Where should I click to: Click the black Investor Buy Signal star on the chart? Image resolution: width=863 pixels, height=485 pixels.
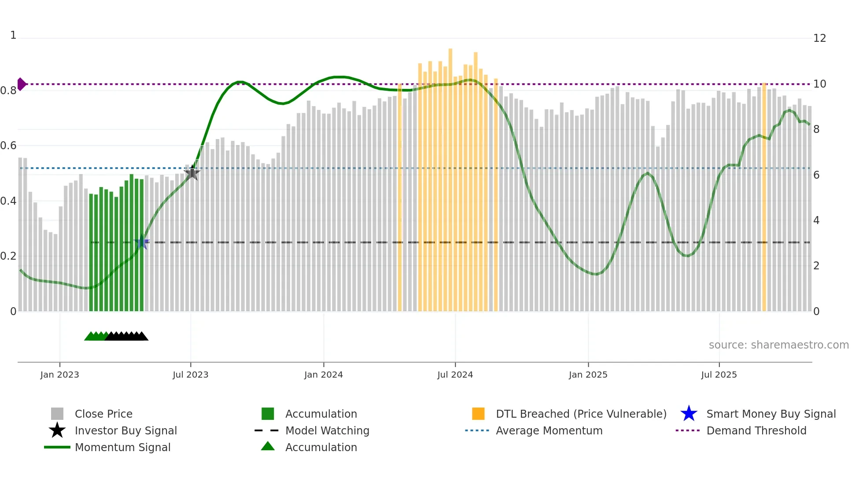point(192,173)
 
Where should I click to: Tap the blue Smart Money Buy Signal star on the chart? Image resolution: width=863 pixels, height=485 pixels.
point(142,242)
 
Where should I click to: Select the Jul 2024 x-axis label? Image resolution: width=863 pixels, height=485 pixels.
point(455,375)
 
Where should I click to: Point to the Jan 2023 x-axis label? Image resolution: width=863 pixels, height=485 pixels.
point(59,375)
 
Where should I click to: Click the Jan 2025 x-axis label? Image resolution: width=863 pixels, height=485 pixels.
point(588,375)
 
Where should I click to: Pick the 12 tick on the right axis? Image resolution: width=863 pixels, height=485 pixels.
point(819,38)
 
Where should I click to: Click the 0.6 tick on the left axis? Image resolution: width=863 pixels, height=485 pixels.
point(9,146)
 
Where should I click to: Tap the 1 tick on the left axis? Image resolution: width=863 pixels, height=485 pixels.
point(13,35)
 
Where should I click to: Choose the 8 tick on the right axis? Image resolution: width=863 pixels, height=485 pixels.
point(816,129)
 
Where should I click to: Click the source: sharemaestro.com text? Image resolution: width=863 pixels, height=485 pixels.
point(778,345)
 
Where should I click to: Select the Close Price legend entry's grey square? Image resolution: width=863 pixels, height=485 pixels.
point(57,414)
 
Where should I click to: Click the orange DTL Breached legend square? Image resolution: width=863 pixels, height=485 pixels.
point(478,414)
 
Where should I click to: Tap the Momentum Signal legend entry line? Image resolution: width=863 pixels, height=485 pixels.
point(57,447)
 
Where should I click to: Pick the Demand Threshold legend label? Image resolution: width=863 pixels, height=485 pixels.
point(756,430)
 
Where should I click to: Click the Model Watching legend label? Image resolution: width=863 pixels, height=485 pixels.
point(327,430)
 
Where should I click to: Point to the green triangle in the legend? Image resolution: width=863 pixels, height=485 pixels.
point(268,446)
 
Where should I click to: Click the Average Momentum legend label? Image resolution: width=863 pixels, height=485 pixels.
point(549,430)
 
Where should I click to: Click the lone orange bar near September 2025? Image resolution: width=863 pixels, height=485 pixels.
point(764,198)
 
